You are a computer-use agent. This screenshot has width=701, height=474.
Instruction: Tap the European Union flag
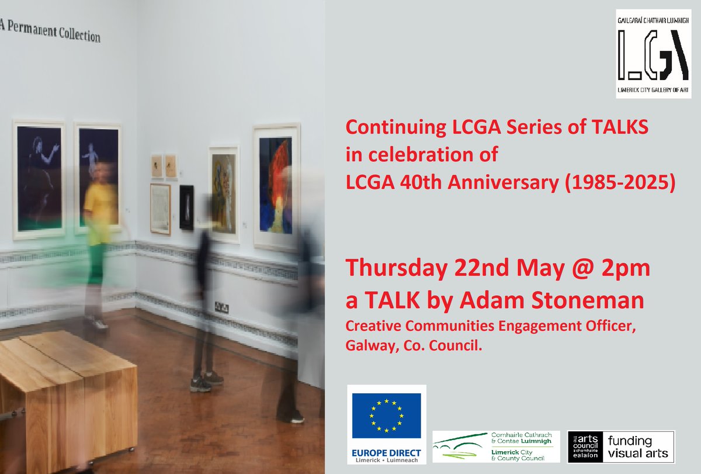387,415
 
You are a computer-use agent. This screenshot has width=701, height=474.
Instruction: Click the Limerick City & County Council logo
495,447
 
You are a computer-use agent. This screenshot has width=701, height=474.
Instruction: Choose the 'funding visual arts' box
637,447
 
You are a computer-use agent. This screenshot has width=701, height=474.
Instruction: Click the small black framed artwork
186,207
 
